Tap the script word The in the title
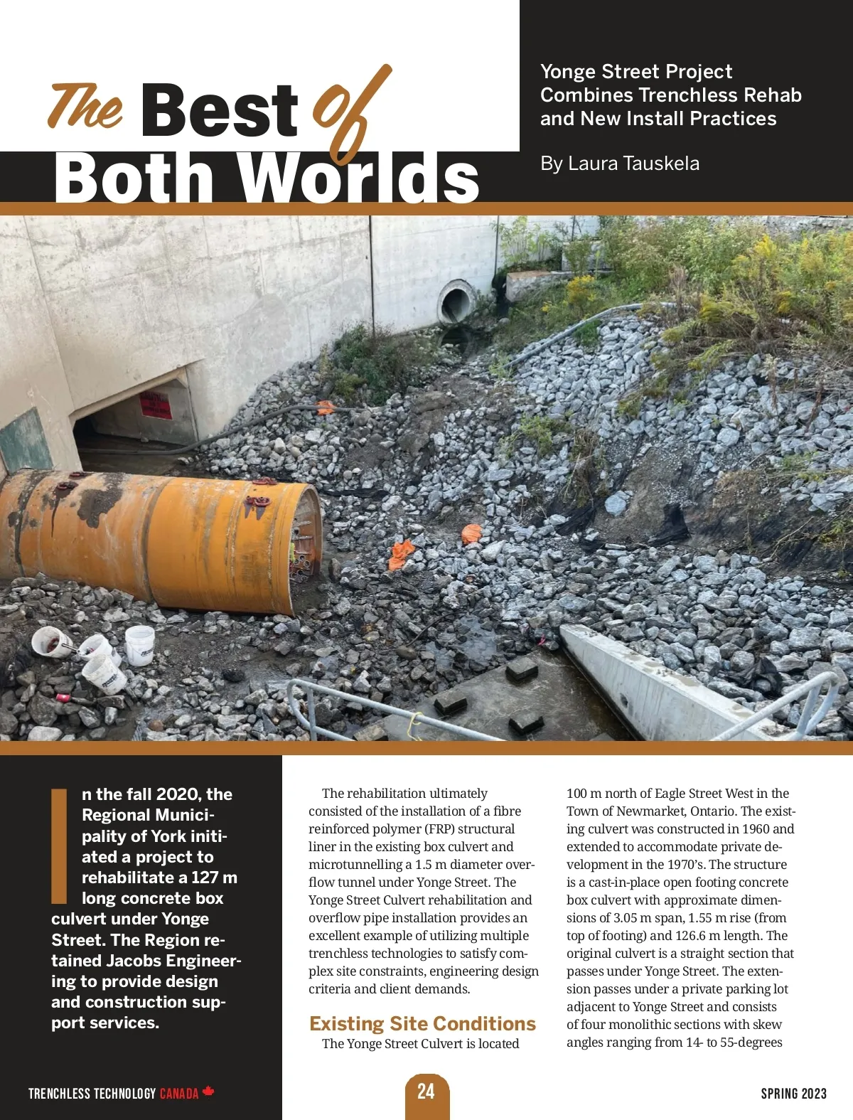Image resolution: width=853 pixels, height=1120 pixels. (x=85, y=107)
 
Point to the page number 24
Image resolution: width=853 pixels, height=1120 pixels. (x=426, y=1092)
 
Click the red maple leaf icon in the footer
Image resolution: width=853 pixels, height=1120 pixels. (x=208, y=1092)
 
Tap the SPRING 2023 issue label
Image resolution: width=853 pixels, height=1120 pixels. (x=793, y=1093)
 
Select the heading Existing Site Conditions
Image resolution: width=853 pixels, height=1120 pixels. (x=422, y=1023)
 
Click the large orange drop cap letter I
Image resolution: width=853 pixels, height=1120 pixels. (x=60, y=844)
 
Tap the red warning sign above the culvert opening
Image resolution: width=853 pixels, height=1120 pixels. (x=154, y=405)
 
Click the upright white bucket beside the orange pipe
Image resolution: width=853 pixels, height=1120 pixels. (x=139, y=644)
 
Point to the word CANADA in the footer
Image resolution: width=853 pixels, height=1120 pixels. (x=179, y=1093)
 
